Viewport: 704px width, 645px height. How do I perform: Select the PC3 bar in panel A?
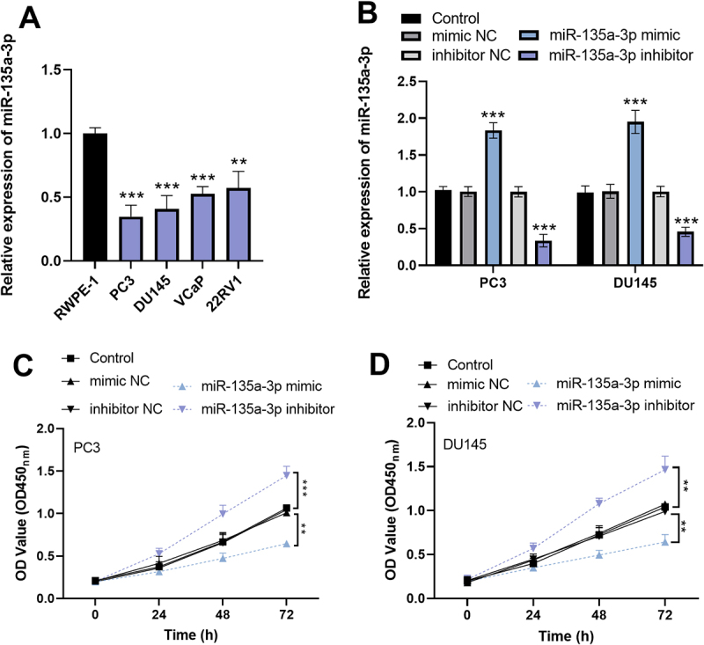click(x=131, y=238)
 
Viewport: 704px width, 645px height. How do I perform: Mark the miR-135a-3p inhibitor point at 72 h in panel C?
click(x=287, y=475)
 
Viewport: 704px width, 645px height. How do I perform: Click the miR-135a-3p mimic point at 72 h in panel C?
click(x=287, y=544)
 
